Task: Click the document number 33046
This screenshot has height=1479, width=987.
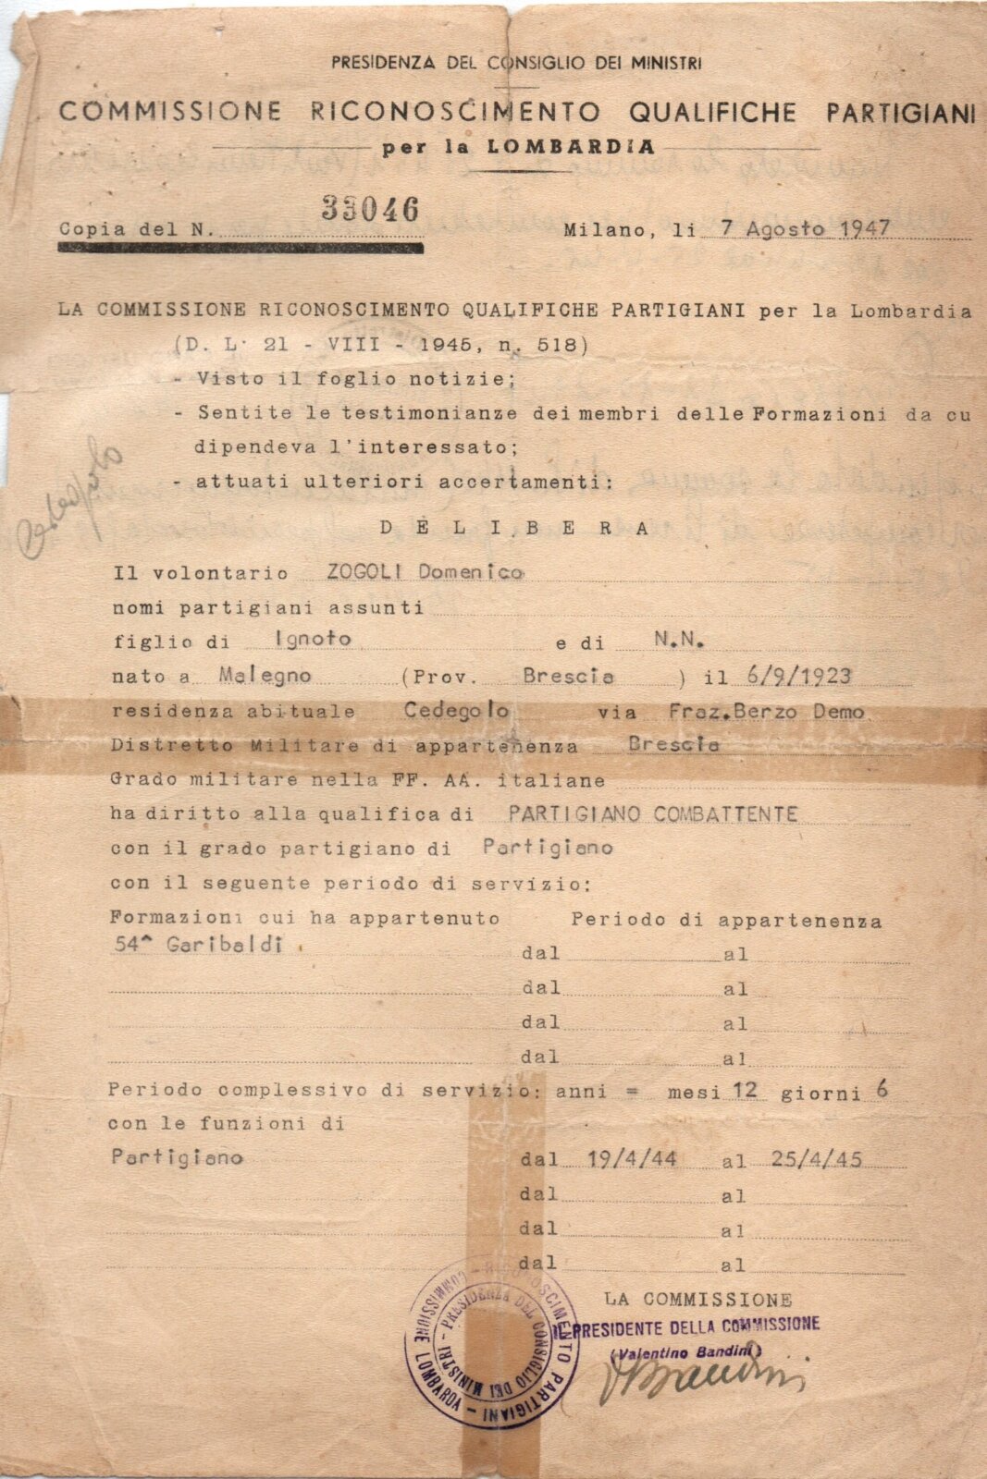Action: [x=370, y=210]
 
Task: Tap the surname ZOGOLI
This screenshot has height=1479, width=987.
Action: [x=364, y=571]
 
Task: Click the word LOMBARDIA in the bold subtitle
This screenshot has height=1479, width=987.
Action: [x=571, y=146]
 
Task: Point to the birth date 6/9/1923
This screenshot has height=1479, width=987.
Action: [x=797, y=676]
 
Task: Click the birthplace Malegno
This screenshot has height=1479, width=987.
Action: [x=265, y=675]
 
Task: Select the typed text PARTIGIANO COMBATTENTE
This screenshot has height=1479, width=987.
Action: [x=652, y=813]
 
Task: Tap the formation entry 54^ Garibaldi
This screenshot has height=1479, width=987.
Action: [x=196, y=945]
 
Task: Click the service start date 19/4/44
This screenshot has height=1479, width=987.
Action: [x=631, y=1159]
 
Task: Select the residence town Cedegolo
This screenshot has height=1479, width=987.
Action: [x=456, y=710]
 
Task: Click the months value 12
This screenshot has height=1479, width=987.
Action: [x=745, y=1090]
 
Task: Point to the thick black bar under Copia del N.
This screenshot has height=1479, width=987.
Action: [x=241, y=248]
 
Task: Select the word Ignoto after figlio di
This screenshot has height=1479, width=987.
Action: [x=313, y=639]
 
